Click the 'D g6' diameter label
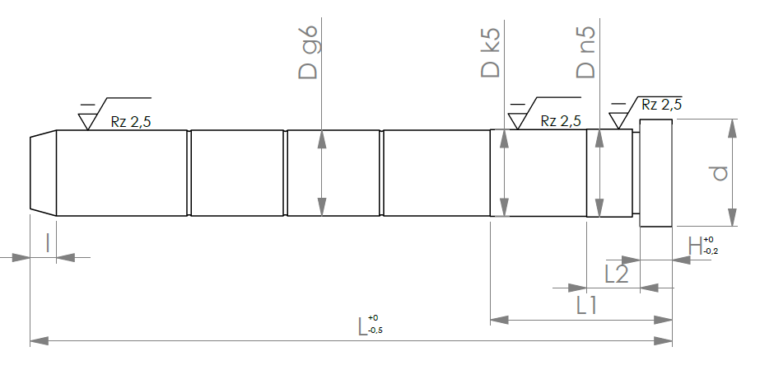308,53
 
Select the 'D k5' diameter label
491,53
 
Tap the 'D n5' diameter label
586,53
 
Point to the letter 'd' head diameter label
720,173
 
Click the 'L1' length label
586,306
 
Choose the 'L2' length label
617,274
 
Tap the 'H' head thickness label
695,246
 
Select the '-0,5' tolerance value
375,331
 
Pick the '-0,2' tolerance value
711,251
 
